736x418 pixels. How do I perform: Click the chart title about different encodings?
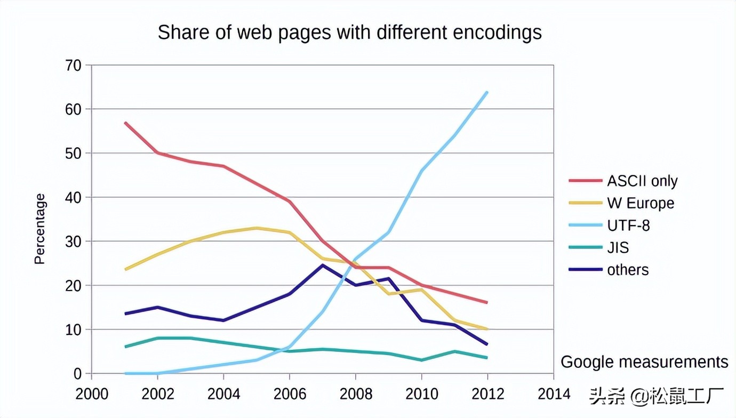[349, 33]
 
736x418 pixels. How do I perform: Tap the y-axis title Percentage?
[40, 229]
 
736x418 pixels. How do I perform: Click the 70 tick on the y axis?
[73, 66]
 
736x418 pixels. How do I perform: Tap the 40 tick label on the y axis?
[73, 198]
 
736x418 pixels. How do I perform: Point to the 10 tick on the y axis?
[73, 330]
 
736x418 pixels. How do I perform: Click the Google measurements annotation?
[644, 362]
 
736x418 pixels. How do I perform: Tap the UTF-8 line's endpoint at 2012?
[486, 93]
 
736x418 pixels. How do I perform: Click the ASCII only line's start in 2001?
[125, 123]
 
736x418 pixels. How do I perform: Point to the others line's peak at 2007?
[322, 265]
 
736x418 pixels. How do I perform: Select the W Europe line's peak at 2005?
[257, 228]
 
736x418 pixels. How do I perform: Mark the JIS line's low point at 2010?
[421, 360]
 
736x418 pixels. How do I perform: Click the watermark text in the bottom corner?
[656, 396]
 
